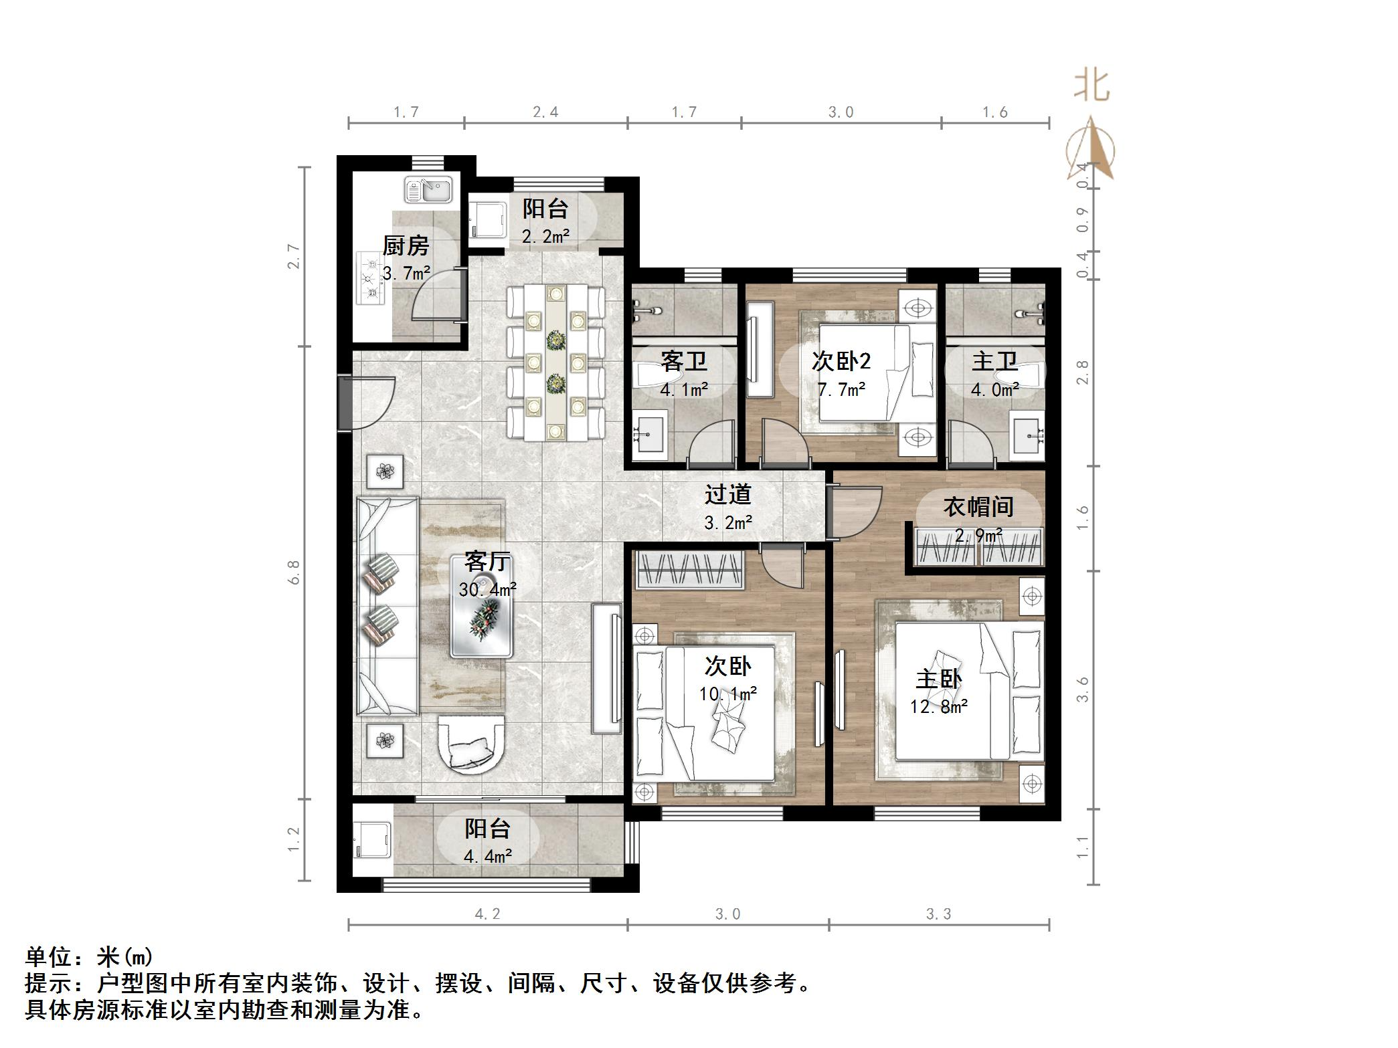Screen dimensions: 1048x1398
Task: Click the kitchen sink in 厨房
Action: pyautogui.click(x=428, y=190)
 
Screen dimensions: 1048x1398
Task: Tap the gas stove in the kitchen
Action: pyautogui.click(x=370, y=279)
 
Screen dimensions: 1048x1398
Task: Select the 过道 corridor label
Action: pyautogui.click(x=727, y=495)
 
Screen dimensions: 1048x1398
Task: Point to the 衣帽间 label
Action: pyautogui.click(x=978, y=507)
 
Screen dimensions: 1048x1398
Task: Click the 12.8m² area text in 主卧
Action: pyautogui.click(x=938, y=706)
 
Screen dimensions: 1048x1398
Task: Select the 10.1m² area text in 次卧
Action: pyautogui.click(x=727, y=694)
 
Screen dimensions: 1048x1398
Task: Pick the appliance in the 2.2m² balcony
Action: pyautogui.click(x=486, y=220)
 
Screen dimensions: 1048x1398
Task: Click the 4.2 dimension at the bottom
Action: pyautogui.click(x=487, y=914)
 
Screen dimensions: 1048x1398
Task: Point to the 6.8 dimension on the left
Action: pyautogui.click(x=293, y=572)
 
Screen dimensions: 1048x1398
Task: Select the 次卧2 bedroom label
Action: pyautogui.click(x=841, y=362)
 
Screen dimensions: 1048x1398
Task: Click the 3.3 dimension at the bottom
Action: pyautogui.click(x=938, y=914)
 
